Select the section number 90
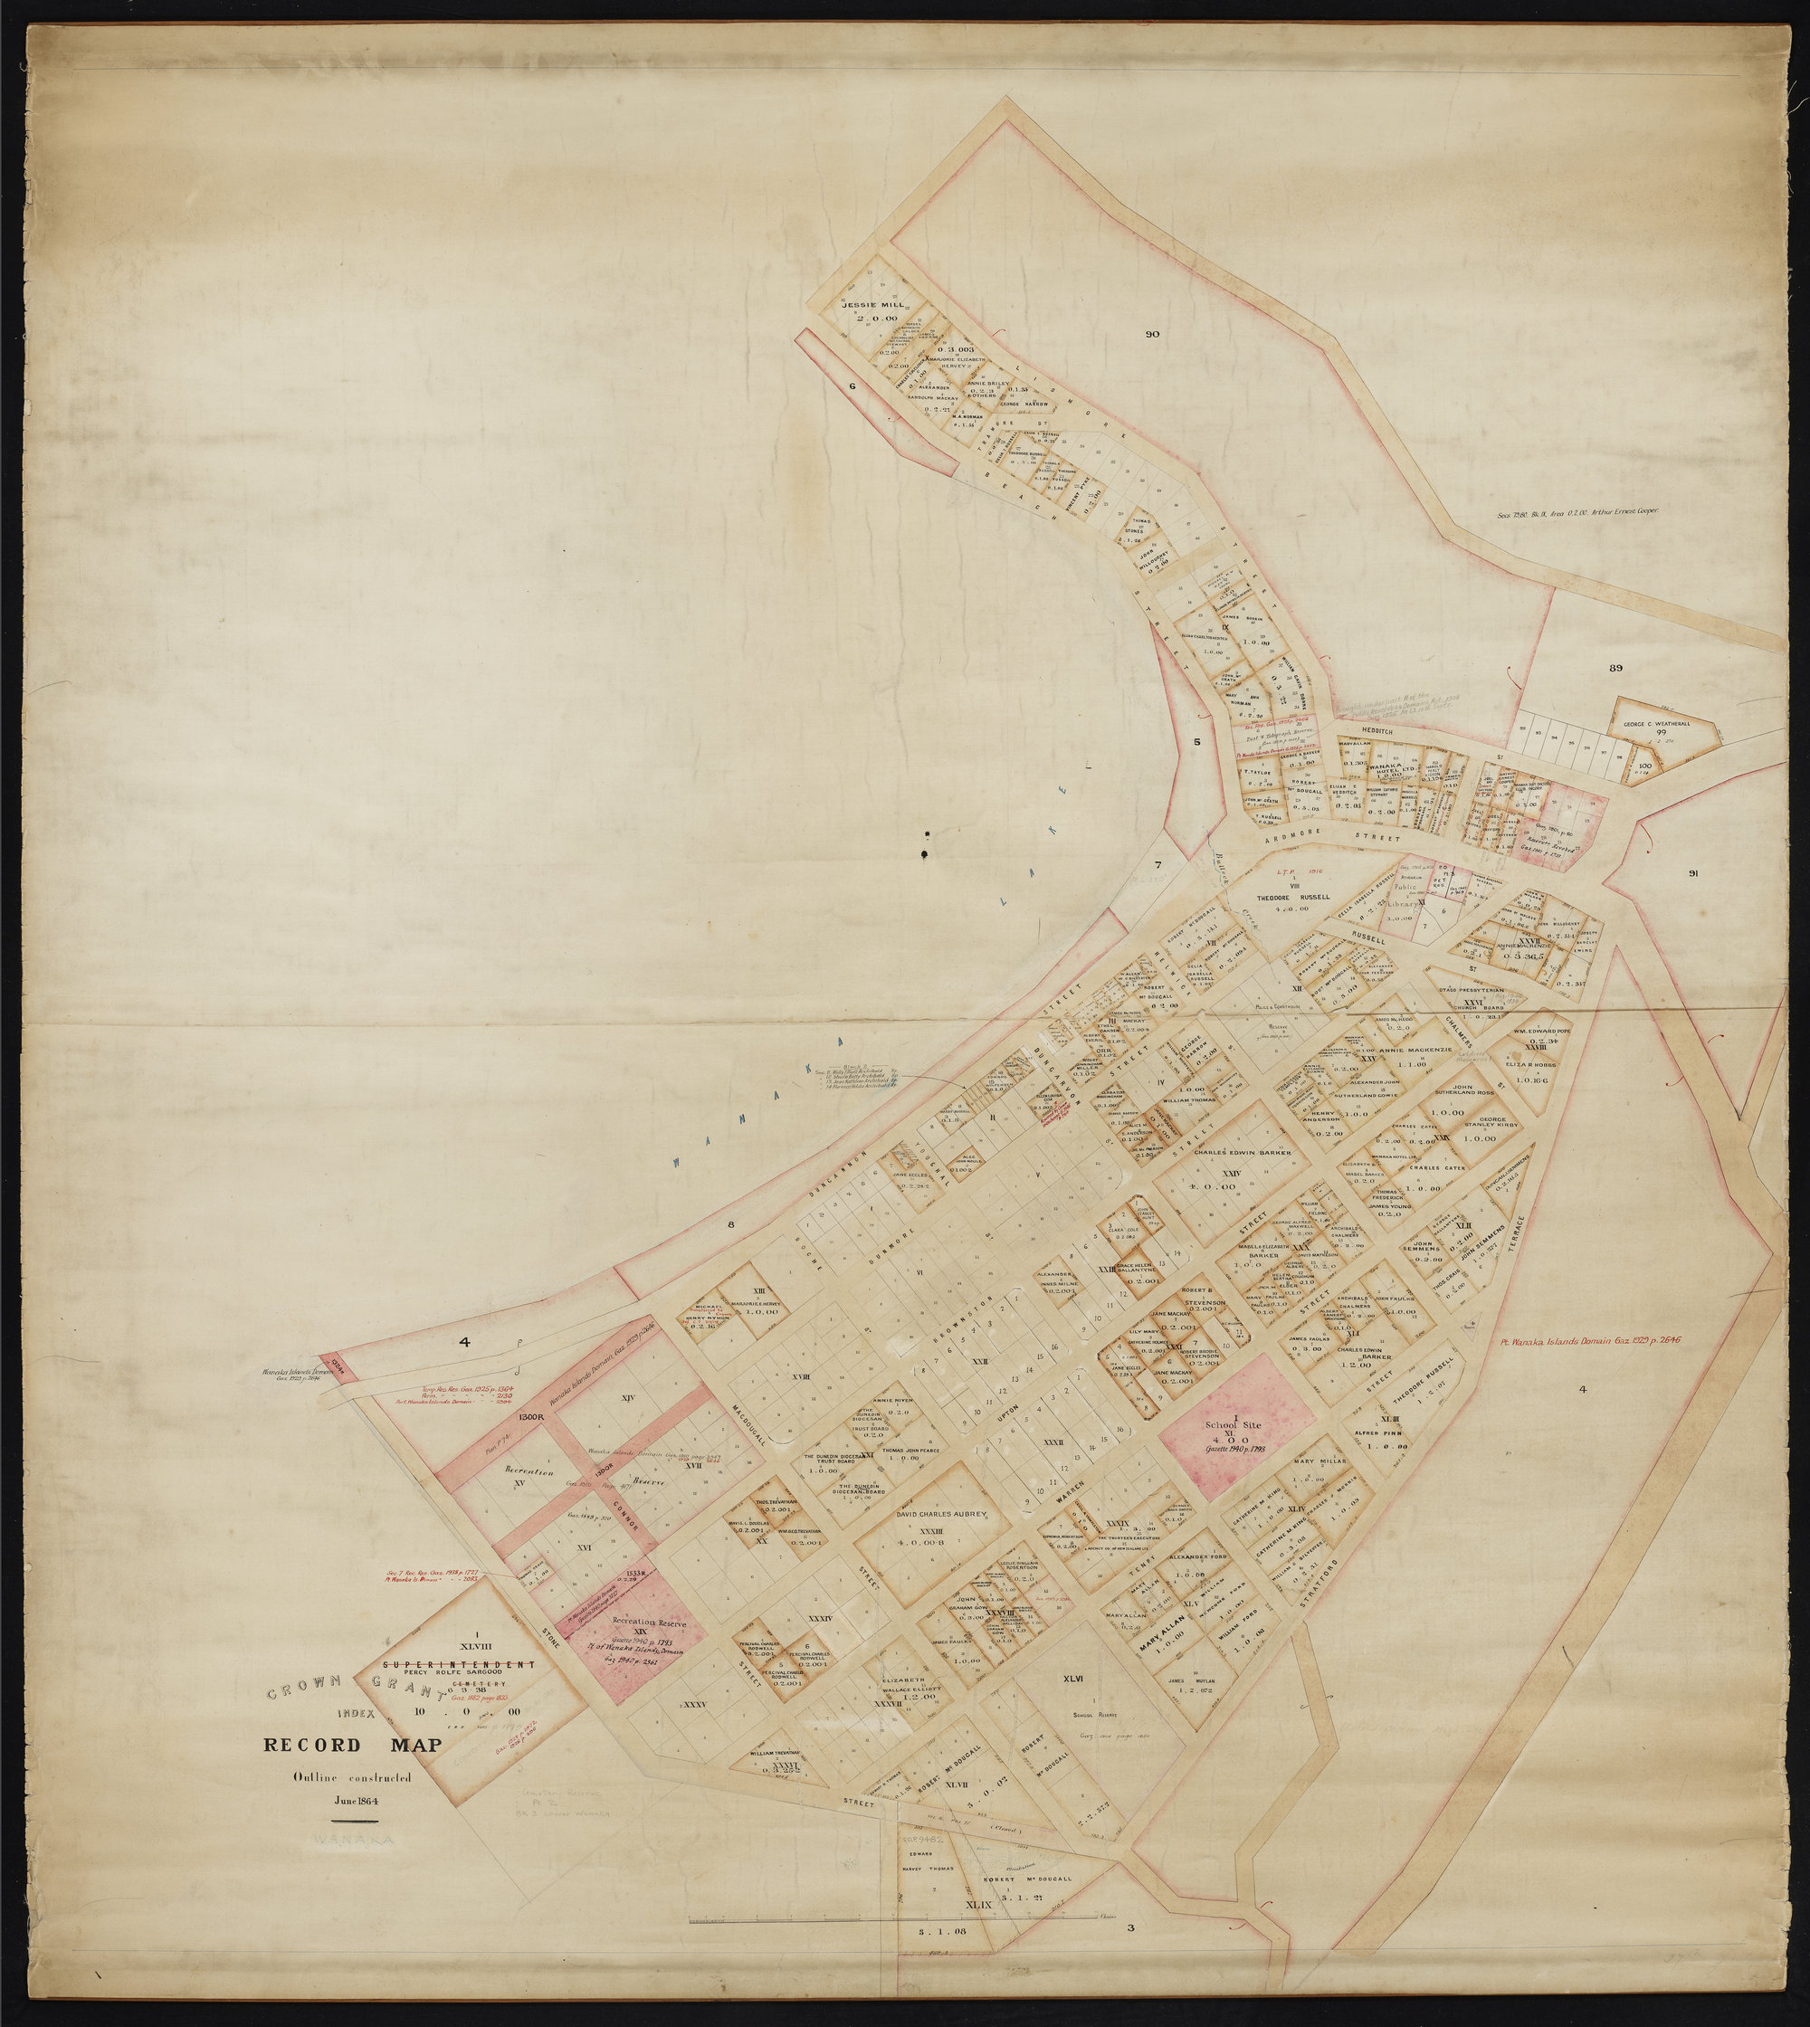1152,334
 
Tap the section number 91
1692,874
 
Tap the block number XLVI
1072,1678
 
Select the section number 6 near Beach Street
853,385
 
